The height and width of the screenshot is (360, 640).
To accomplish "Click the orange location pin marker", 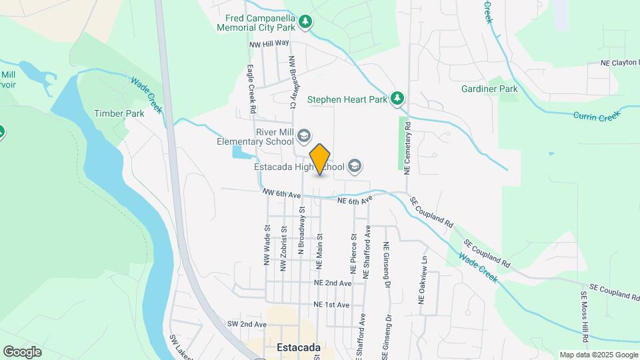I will [320, 159].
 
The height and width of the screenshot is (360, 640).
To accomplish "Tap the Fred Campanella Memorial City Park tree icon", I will [305, 21].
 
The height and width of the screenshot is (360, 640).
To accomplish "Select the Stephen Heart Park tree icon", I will [398, 99].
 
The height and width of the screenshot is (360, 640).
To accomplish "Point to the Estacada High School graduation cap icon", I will [355, 166].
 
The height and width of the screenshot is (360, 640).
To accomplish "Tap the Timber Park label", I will [119, 113].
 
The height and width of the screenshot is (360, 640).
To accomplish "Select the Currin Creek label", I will [596, 115].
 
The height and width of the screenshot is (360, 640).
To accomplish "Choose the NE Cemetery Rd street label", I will [408, 147].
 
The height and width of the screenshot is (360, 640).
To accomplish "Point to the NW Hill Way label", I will [269, 43].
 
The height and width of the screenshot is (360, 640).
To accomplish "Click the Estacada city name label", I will [298, 347].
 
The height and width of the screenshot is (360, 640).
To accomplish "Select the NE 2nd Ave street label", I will [332, 283].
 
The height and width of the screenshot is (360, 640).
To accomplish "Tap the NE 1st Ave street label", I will [331, 305].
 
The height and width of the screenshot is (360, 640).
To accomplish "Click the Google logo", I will [22, 351].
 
